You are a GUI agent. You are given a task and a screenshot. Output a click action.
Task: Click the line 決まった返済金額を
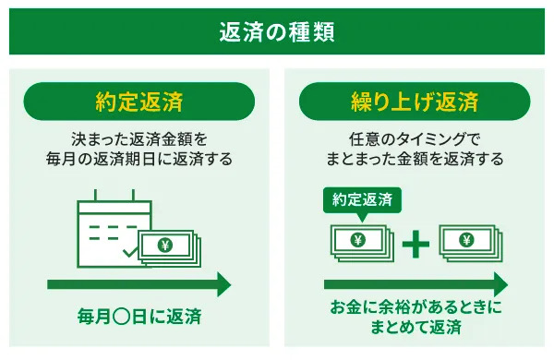point(138,139)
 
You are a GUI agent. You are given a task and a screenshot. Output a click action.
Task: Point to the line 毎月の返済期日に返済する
point(138,160)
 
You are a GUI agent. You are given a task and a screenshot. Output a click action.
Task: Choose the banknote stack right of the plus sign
point(469,243)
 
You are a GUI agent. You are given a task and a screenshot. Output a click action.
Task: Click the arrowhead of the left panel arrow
point(222,283)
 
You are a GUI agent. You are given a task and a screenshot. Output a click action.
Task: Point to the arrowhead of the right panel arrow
point(499,283)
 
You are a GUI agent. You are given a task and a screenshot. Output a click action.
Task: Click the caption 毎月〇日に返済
point(138,318)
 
